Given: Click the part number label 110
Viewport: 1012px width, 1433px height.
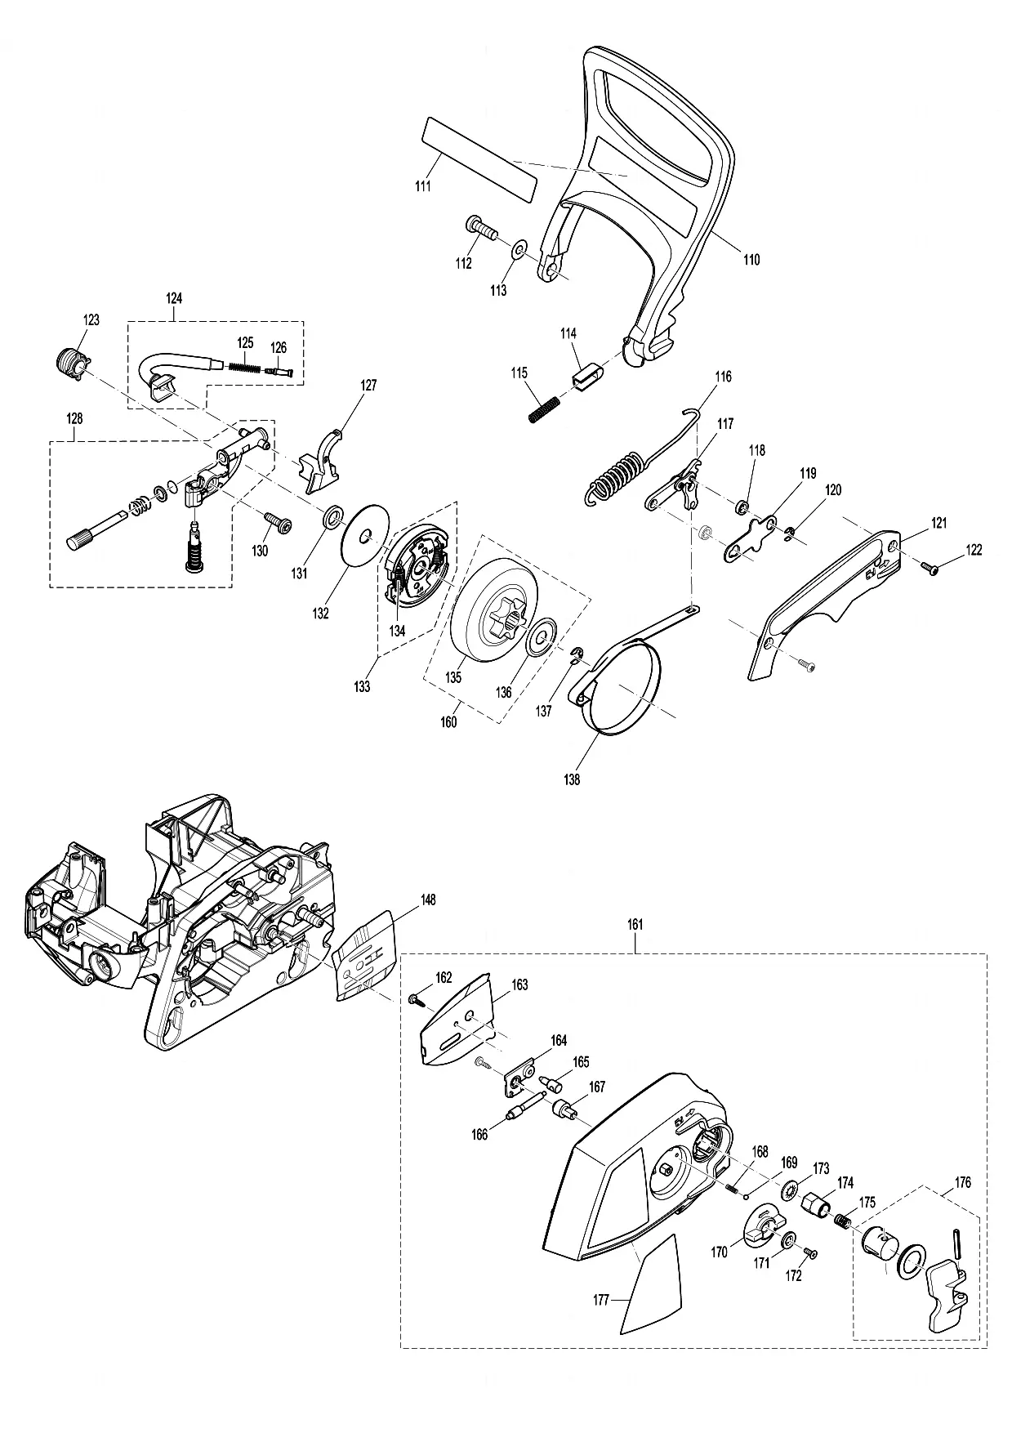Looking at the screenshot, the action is click(751, 260).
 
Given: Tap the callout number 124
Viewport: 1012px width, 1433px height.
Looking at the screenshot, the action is click(174, 298).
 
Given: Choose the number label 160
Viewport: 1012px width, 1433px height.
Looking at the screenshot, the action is click(448, 721).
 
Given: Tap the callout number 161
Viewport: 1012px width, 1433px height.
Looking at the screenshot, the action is click(635, 925).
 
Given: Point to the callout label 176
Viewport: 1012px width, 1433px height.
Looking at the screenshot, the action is click(963, 1182).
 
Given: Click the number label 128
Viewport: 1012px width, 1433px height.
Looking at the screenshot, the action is click(74, 418).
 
